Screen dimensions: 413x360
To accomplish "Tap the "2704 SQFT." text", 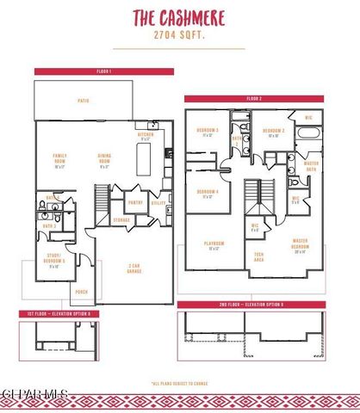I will [179, 38].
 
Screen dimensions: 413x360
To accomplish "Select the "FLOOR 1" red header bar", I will [84, 71].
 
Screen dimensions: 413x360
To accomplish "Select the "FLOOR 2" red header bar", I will [254, 99].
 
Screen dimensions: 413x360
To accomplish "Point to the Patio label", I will [83, 102].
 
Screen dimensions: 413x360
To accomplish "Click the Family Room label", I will [60, 161].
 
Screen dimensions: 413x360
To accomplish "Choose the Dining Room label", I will [104, 161].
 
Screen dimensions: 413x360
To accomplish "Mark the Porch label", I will [82, 291].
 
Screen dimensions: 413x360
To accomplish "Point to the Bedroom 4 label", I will [207, 193].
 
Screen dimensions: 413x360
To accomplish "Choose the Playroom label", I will [214, 247].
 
